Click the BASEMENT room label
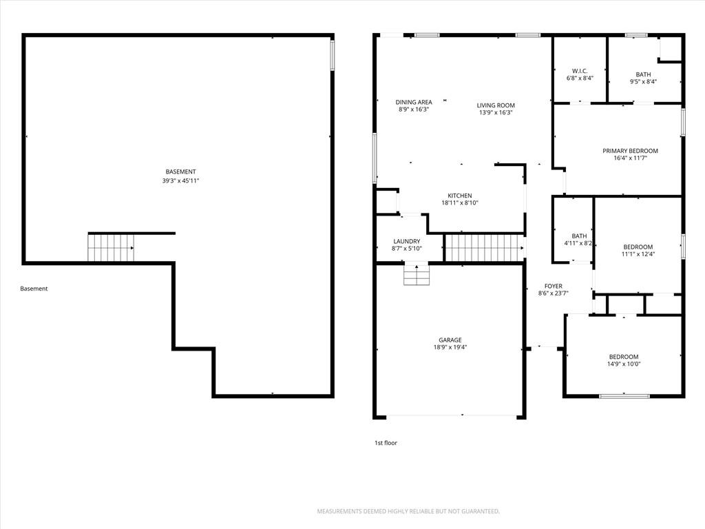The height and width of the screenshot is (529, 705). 181,172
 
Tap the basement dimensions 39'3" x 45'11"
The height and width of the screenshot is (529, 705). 181,181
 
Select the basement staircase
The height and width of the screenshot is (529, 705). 111,248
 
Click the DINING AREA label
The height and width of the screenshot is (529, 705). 414,102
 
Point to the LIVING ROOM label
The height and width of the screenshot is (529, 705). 496,105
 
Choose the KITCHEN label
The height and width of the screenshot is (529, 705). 459,196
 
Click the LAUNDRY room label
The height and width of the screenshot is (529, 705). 407,242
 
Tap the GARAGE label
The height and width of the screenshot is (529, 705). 450,340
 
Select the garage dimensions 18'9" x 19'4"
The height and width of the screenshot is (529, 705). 450,347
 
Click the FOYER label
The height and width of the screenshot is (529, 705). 554,286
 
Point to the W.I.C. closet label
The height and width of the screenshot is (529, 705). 580,71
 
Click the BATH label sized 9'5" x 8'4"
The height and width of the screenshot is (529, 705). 644,74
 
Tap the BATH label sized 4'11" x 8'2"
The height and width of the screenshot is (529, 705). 579,236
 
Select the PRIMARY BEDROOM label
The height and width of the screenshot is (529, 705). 631,151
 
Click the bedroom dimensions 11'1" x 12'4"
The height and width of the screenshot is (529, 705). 638,254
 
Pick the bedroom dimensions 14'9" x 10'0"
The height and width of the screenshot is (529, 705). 624,364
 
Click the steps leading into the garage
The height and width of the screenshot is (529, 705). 417,275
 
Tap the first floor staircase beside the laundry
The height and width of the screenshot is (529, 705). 485,247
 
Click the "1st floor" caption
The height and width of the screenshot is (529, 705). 386,443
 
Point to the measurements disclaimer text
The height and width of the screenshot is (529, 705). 408,512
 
